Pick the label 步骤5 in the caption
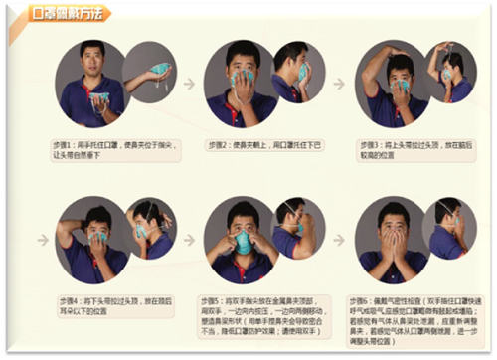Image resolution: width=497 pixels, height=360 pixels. pyautogui.click(x=218, y=299)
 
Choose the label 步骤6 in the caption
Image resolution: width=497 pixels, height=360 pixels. pyautogui.click(x=360, y=299)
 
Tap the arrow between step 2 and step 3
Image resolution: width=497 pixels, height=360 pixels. pyautogui.click(x=338, y=84)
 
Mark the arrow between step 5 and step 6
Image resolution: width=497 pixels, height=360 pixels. pyautogui.click(x=338, y=240)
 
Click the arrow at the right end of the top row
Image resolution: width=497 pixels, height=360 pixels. pyautogui.click(x=484, y=84)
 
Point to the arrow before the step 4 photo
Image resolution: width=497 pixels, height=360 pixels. pyautogui.click(x=43, y=240)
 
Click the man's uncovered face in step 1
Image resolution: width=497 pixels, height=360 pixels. pyautogui.click(x=92, y=62)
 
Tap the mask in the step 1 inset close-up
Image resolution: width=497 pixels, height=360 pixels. pyautogui.click(x=159, y=72)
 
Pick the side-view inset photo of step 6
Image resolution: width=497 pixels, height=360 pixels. pyautogui.click(x=443, y=231)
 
